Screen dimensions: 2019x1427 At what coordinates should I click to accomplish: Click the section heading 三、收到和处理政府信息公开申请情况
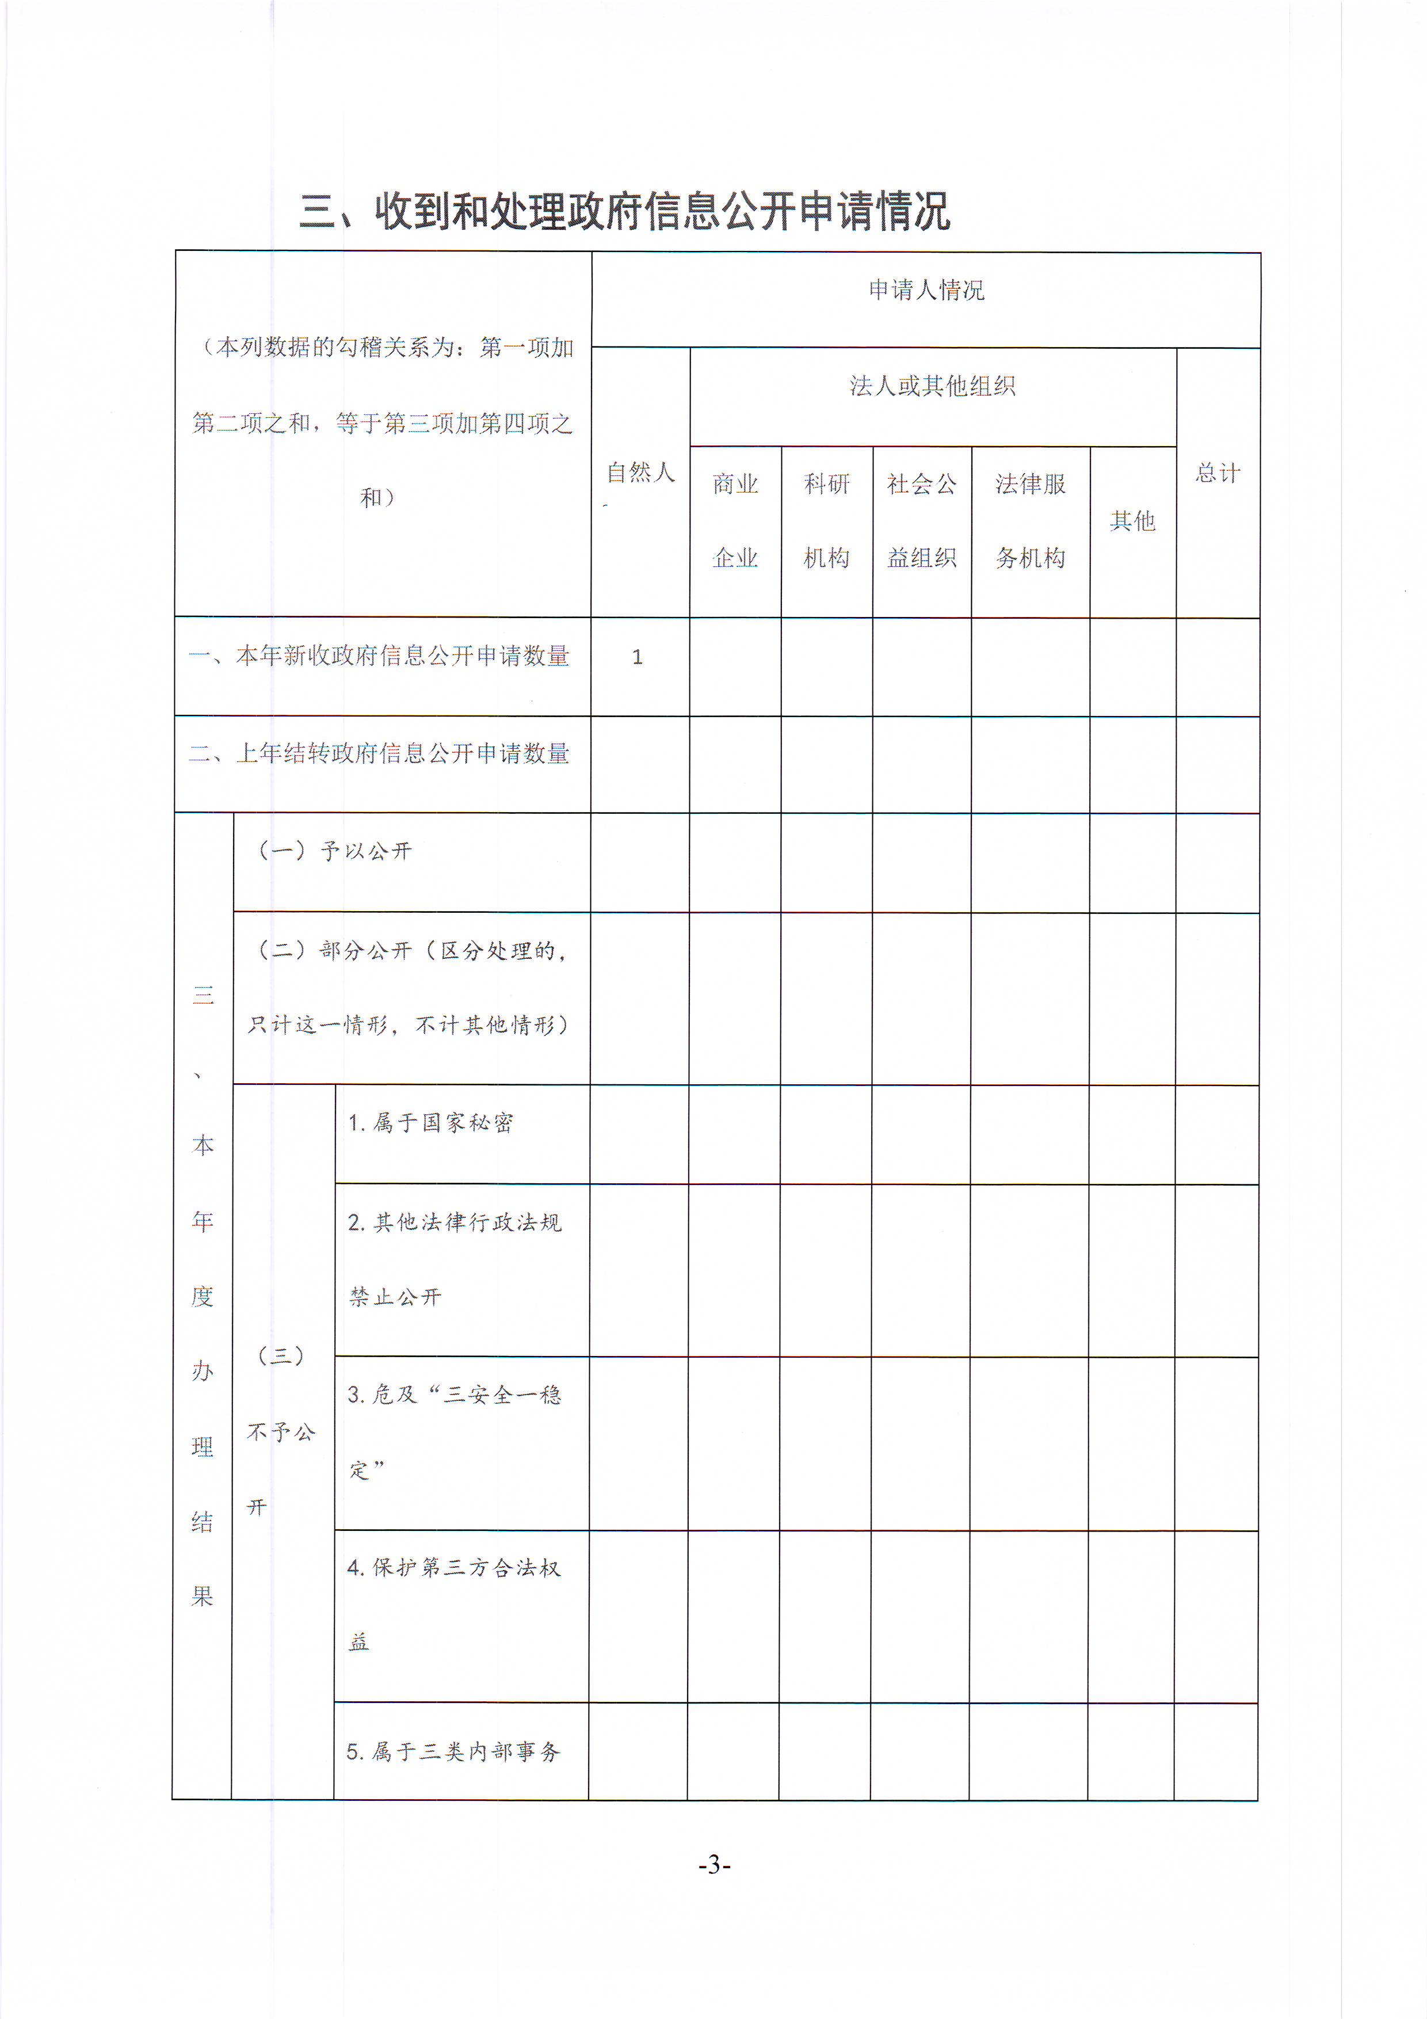pos(624,211)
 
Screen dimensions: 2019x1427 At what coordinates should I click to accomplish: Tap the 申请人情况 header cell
pos(926,290)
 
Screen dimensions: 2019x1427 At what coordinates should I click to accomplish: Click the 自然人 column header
pos(640,473)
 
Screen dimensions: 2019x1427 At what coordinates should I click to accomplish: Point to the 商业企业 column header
pos(735,521)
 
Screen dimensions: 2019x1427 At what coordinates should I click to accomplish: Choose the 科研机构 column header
pos(826,521)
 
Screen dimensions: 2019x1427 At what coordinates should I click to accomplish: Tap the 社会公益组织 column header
pos(921,521)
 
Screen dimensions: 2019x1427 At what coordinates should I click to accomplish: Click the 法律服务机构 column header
pos(1031,521)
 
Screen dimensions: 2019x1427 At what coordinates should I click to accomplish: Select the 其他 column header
pos(1132,521)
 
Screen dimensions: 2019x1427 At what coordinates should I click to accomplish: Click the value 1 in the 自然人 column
pos(638,657)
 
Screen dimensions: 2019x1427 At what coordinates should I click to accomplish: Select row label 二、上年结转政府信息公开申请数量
pos(379,753)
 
